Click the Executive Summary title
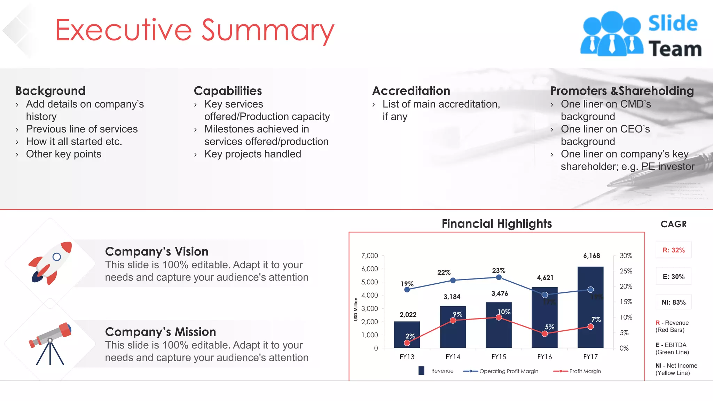click(194, 30)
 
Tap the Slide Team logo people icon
click(611, 34)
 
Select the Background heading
click(50, 91)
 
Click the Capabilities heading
click(228, 91)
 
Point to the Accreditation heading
click(411, 91)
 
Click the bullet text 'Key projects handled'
click(252, 154)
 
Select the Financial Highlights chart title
click(496, 223)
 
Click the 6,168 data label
click(591, 256)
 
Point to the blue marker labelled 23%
click(499, 277)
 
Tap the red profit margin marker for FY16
click(545, 334)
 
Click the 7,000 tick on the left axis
click(369, 256)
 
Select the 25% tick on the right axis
click(626, 271)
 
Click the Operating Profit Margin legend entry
click(501, 371)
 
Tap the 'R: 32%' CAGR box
click(673, 250)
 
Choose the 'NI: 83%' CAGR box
click(673, 302)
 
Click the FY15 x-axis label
click(499, 357)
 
